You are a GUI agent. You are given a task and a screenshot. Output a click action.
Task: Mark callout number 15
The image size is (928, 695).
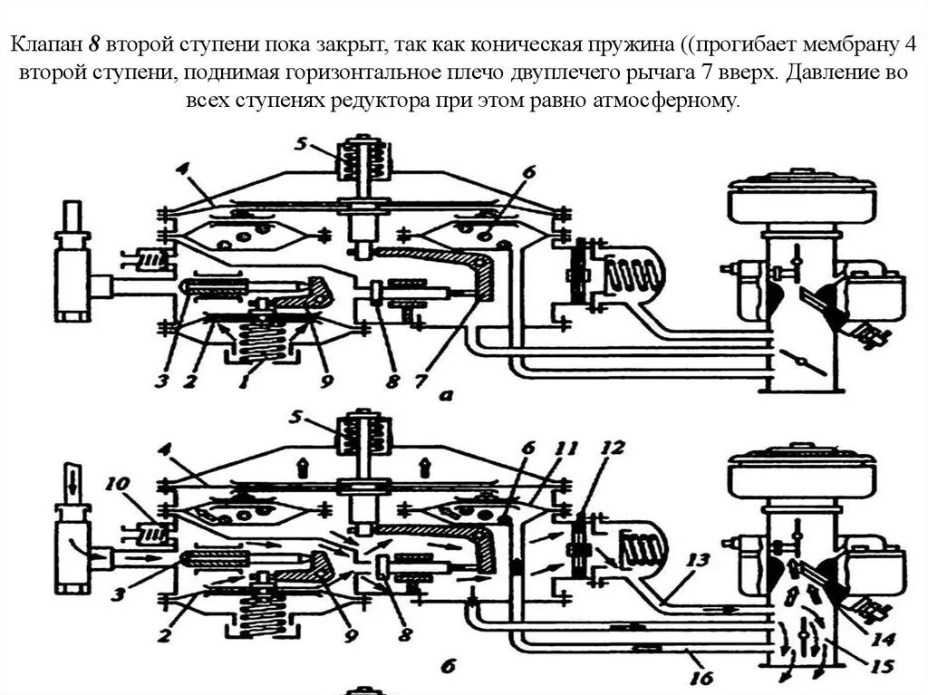tap(874, 668)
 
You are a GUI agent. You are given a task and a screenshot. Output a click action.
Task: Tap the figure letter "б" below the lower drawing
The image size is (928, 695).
tap(447, 666)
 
